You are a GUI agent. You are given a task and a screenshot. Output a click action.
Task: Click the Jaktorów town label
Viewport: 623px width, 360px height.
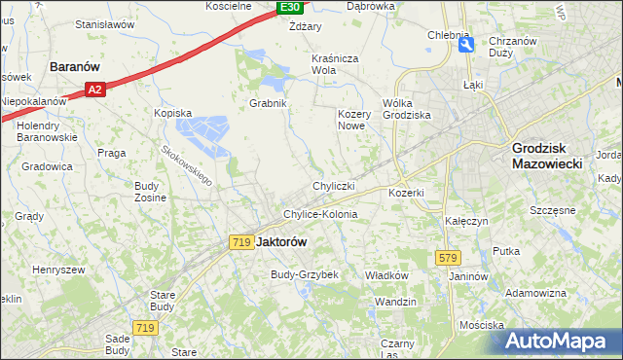click(x=280, y=242)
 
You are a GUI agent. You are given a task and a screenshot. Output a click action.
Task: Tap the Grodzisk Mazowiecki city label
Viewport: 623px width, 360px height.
click(x=546, y=156)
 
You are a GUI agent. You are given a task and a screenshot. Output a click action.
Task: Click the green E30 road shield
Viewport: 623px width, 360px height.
click(x=289, y=7)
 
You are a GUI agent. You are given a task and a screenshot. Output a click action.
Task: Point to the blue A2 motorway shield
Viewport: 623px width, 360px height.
click(x=93, y=90)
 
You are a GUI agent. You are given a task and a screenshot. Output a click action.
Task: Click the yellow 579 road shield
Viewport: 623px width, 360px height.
click(x=447, y=257)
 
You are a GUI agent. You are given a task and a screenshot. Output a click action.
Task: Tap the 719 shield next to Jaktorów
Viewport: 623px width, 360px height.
click(x=242, y=242)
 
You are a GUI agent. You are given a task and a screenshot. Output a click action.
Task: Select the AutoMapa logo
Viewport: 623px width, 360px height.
click(x=560, y=342)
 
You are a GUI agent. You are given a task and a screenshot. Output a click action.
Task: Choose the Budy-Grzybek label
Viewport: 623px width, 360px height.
click(x=304, y=274)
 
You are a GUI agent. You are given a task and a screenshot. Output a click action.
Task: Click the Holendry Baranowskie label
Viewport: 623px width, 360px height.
click(x=47, y=131)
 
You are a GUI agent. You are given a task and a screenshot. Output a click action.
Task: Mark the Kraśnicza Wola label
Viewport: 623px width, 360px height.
click(x=337, y=64)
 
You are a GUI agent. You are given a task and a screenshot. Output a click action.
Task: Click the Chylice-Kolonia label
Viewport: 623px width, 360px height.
click(x=320, y=214)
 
